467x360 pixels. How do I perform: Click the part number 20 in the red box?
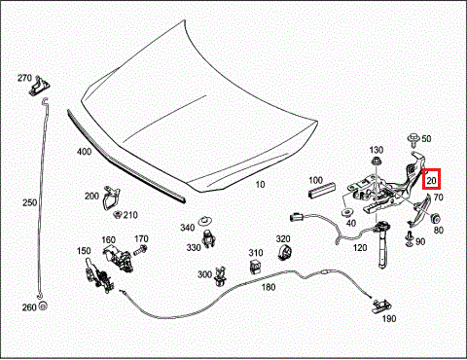click(x=431, y=180)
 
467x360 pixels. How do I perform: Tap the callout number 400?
click(x=84, y=152)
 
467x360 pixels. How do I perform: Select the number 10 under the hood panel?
click(x=260, y=185)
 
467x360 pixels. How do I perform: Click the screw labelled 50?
click(x=413, y=139)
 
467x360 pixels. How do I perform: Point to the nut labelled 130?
click(x=376, y=161)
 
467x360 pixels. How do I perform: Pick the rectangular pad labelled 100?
click(x=322, y=190)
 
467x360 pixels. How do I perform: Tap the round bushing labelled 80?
click(x=435, y=218)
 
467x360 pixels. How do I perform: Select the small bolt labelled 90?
click(x=410, y=238)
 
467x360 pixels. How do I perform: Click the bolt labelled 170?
click(x=140, y=250)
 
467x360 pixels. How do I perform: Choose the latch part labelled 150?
click(x=98, y=275)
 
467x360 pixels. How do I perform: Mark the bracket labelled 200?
click(x=111, y=198)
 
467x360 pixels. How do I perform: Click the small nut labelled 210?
click(x=118, y=214)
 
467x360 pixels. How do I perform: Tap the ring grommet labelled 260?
click(x=43, y=306)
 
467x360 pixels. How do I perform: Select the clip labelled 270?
click(x=40, y=87)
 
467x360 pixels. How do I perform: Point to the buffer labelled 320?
click(x=285, y=252)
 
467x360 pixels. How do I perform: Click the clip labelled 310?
click(x=256, y=266)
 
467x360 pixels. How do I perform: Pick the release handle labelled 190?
click(x=381, y=306)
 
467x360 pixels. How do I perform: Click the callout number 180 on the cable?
click(x=269, y=287)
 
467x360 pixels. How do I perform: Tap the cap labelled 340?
click(x=204, y=221)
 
